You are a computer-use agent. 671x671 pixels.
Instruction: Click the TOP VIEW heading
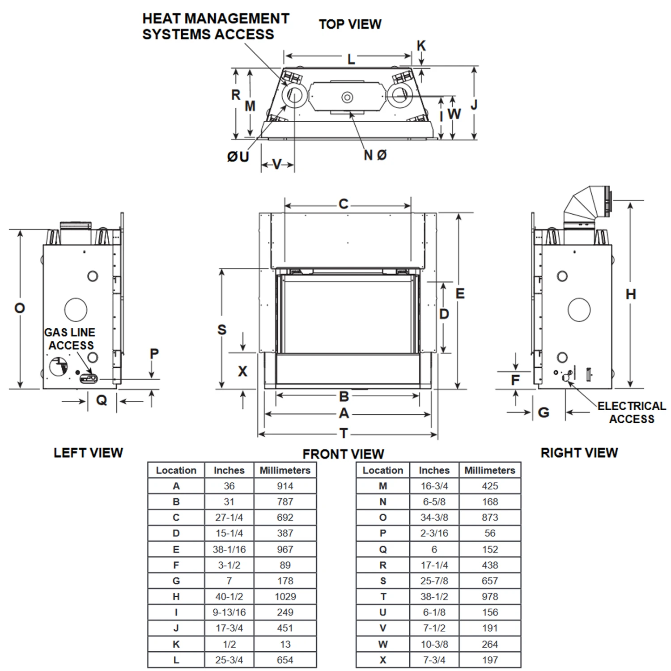click(x=350, y=24)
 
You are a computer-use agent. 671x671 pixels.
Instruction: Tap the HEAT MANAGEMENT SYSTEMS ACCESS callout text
click(x=215, y=26)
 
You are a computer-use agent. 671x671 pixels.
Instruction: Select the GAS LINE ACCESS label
click(x=70, y=339)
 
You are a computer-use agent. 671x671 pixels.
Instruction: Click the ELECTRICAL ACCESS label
click(x=631, y=412)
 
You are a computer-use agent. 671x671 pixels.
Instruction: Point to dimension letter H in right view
click(x=631, y=294)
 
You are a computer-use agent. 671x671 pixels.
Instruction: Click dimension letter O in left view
click(x=20, y=308)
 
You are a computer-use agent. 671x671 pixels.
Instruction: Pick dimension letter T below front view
click(x=344, y=433)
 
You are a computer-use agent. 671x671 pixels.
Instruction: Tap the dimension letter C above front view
click(x=343, y=204)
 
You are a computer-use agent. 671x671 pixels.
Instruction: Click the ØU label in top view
click(x=238, y=157)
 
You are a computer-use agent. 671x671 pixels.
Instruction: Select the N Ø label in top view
click(x=375, y=155)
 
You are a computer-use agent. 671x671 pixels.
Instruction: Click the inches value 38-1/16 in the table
click(x=229, y=549)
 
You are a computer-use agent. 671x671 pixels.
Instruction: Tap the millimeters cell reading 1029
click(x=285, y=596)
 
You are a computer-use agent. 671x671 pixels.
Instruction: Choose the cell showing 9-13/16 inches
click(x=229, y=612)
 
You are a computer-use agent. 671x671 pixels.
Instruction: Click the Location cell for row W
click(x=383, y=644)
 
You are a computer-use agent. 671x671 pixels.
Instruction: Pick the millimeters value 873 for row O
click(x=490, y=518)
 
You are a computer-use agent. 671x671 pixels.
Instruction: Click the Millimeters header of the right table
click(x=490, y=470)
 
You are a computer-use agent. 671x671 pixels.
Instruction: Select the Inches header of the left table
click(x=229, y=470)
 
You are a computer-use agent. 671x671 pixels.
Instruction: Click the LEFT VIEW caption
click(x=88, y=453)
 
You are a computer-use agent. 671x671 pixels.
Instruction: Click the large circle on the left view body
click(x=76, y=310)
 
